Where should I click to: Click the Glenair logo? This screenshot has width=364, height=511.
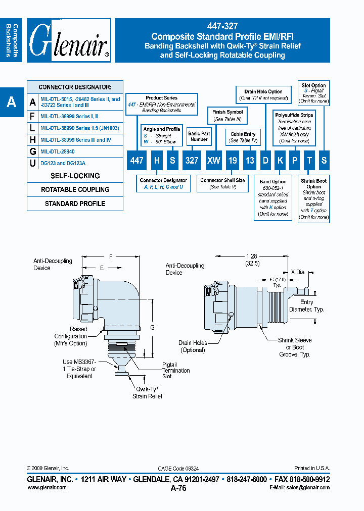point(69,40)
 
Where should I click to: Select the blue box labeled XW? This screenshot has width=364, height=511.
point(214,160)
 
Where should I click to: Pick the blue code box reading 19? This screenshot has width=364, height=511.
point(232,160)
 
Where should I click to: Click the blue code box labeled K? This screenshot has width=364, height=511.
point(279,160)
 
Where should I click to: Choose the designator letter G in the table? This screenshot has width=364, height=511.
point(33,151)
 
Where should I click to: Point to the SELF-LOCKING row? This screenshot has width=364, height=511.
point(75,176)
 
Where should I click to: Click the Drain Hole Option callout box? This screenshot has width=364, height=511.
point(263,94)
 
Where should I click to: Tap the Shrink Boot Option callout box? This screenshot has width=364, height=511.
point(313,198)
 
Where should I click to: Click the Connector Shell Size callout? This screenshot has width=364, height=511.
point(222,183)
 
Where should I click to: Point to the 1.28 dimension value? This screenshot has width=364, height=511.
point(252,256)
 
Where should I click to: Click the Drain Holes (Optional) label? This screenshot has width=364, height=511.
point(193,346)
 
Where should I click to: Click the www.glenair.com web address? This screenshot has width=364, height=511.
point(47,488)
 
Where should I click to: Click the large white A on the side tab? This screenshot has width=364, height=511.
point(11,103)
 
